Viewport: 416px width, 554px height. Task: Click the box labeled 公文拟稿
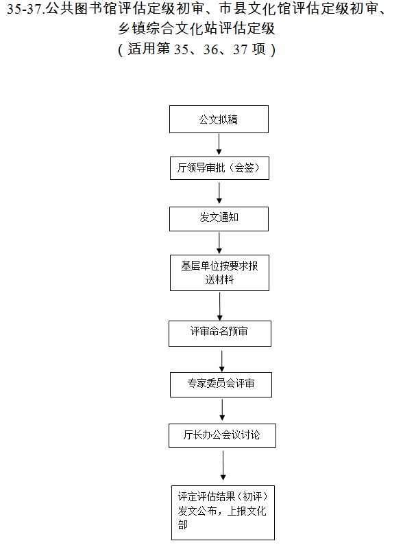click(x=219, y=119)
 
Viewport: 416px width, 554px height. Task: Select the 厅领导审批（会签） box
click(x=219, y=168)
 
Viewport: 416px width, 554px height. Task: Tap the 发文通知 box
click(x=219, y=219)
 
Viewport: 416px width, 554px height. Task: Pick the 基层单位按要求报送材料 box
click(x=219, y=273)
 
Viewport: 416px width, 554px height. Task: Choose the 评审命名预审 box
click(x=220, y=334)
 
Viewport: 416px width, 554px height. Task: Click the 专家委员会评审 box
click(x=221, y=384)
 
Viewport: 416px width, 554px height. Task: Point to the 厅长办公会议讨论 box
click(x=222, y=436)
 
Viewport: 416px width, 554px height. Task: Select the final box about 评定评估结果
click(x=223, y=513)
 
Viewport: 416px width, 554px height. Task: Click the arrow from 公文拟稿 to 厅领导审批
click(x=219, y=144)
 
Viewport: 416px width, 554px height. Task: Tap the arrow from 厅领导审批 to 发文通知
click(x=219, y=193)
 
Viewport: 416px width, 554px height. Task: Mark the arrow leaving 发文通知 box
click(x=219, y=243)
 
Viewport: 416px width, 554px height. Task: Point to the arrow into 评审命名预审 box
click(x=220, y=306)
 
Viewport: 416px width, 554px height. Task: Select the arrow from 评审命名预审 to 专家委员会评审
click(x=221, y=361)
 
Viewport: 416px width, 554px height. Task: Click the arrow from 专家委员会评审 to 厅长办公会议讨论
click(x=222, y=410)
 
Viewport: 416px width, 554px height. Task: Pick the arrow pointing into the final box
click(x=223, y=465)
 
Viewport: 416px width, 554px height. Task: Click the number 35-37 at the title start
click(x=24, y=9)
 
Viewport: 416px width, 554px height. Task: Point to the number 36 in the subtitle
click(x=210, y=49)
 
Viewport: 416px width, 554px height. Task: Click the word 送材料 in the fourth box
click(x=219, y=280)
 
